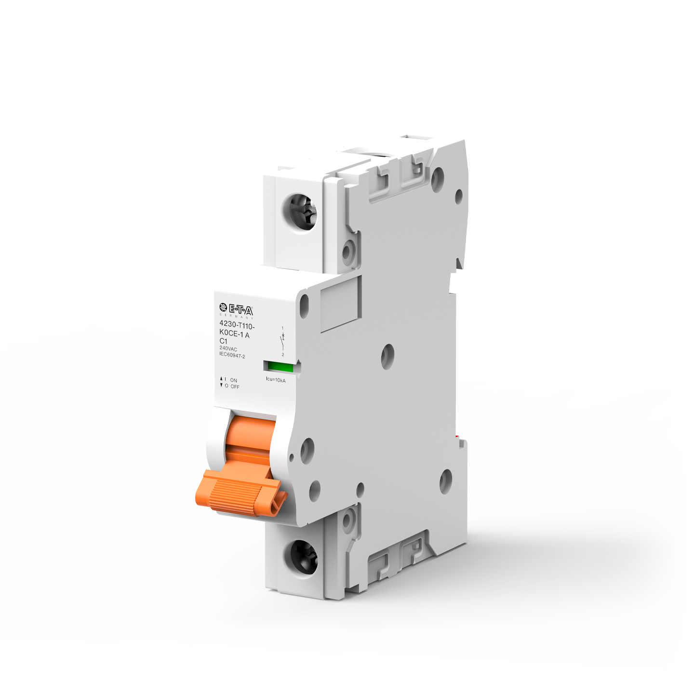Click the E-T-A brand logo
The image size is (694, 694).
coord(236,309)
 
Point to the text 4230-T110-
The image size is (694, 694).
coord(237,325)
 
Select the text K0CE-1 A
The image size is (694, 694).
coord(234,334)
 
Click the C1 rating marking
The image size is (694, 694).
coord(223,341)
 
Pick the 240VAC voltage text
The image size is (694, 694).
coord(228,348)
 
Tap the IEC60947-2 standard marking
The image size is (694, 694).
coord(232,355)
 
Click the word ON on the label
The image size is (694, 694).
coord(233,380)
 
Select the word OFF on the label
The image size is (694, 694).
coord(235,387)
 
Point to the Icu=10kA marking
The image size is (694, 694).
coord(276,380)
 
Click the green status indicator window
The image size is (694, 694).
coord(280,368)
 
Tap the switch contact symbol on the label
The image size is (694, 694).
coord(283,340)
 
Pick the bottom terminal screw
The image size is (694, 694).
coord(303,557)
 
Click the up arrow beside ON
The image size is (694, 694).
coord(221,379)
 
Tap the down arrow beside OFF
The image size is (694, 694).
coord(221,386)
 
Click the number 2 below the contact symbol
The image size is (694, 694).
coord(283,355)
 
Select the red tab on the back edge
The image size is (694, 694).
coord(459,438)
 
